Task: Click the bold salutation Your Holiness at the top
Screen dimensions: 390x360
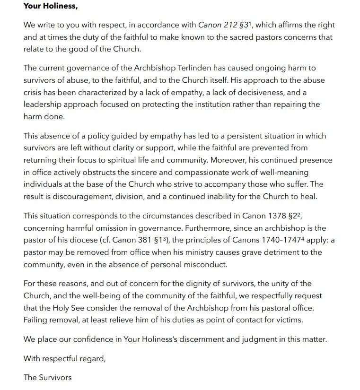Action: (x=51, y=7)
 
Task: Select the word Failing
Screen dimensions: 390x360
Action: (x=36, y=320)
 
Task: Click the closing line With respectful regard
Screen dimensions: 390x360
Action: (x=65, y=358)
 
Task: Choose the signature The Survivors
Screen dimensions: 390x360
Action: (x=47, y=377)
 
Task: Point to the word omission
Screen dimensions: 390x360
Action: (x=108, y=228)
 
